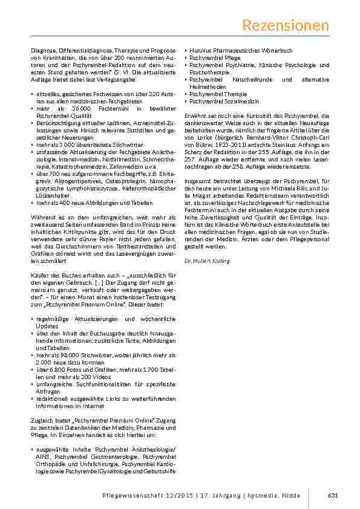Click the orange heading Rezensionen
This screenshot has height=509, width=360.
tap(286, 25)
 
